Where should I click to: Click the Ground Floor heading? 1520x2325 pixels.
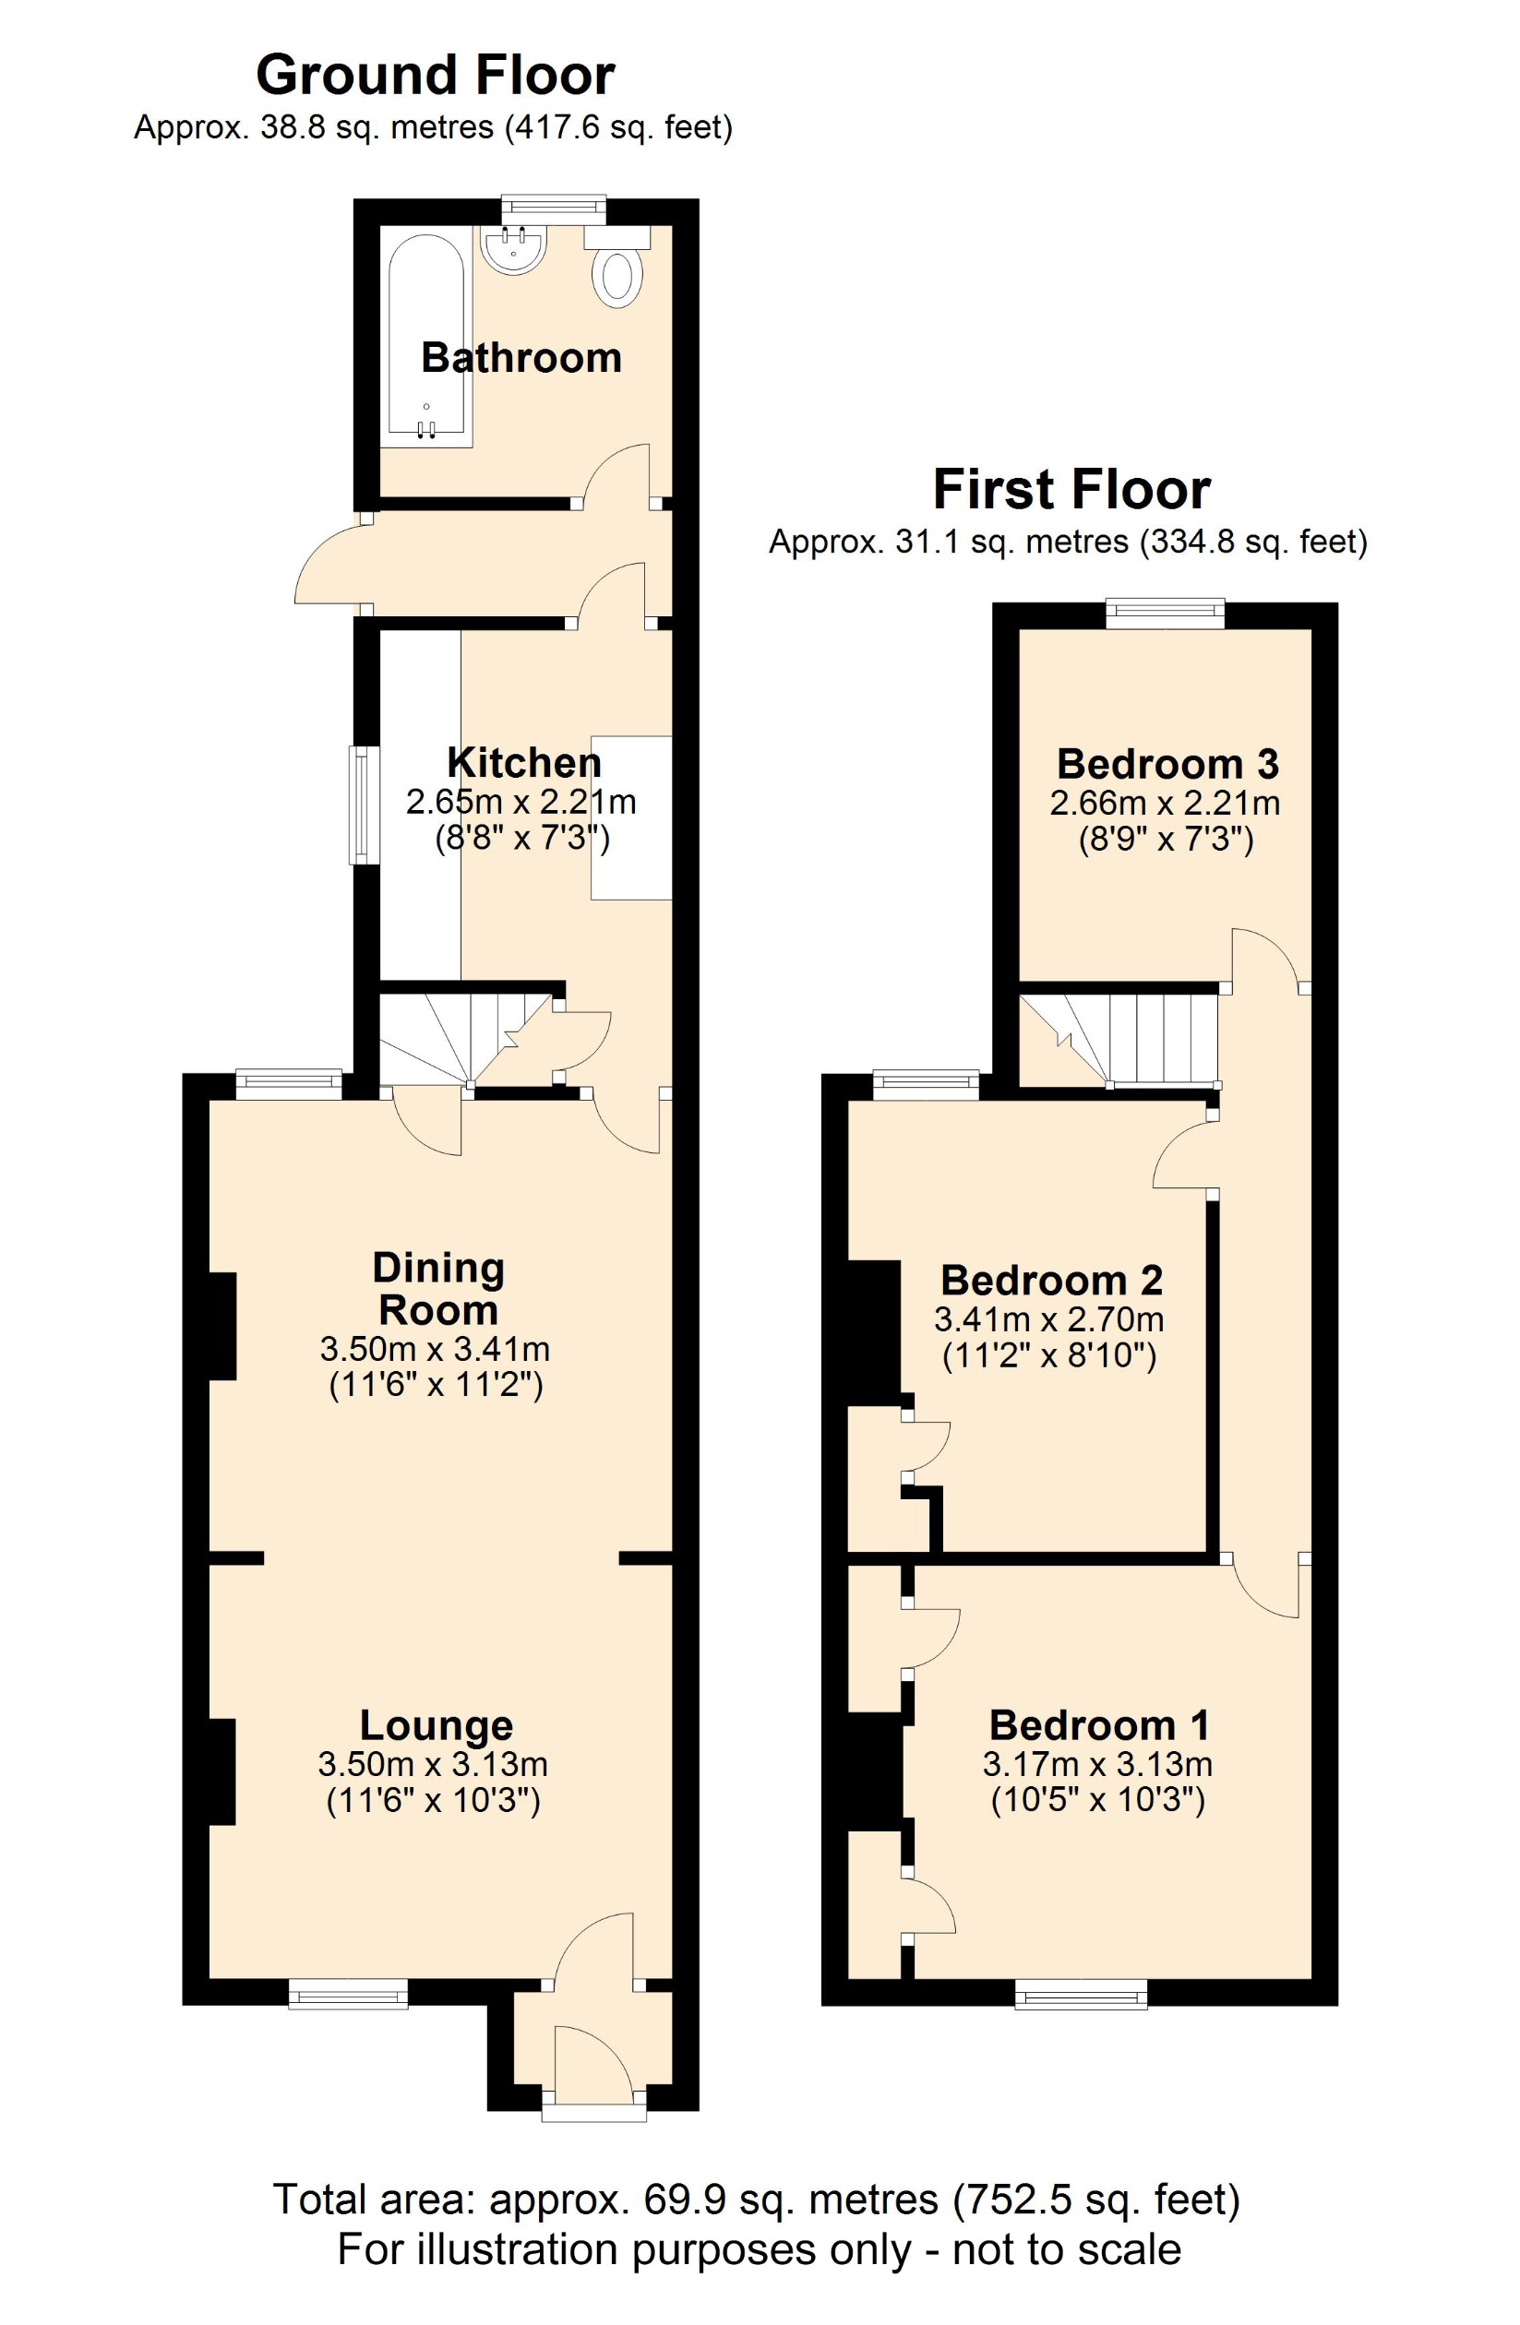[435, 77]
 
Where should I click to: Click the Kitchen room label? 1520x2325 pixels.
[523, 763]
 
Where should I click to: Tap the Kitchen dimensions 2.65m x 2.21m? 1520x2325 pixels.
[521, 803]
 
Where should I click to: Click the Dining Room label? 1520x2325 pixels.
[438, 1289]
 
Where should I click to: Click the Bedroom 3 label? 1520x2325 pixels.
[1167, 764]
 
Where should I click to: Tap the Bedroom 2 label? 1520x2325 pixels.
[1051, 1281]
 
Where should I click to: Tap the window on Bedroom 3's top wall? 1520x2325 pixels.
[1165, 614]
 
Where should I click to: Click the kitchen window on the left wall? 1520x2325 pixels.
[364, 805]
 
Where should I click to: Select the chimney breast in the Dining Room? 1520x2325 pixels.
[222, 1326]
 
